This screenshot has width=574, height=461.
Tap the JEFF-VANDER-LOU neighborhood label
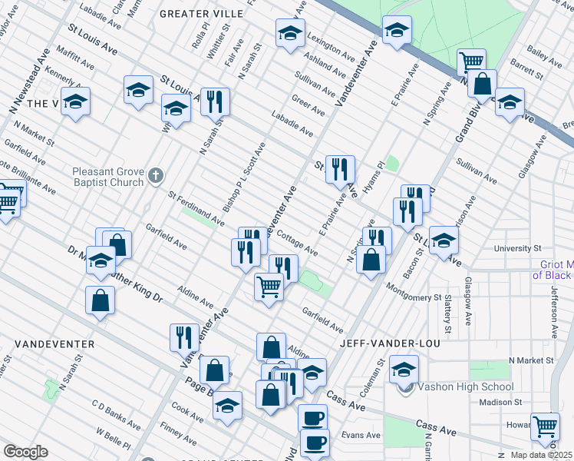point(385,343)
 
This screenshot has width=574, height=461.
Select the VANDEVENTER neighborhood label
point(48,343)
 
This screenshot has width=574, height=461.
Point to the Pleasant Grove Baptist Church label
point(107,177)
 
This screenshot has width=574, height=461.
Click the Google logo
point(25,452)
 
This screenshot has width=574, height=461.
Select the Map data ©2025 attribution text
point(541,455)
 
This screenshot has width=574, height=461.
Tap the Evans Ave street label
point(361,435)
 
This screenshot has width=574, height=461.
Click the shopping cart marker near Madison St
point(545,425)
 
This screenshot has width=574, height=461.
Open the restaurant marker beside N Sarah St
point(215,101)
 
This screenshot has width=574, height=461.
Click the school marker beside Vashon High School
point(404,369)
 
